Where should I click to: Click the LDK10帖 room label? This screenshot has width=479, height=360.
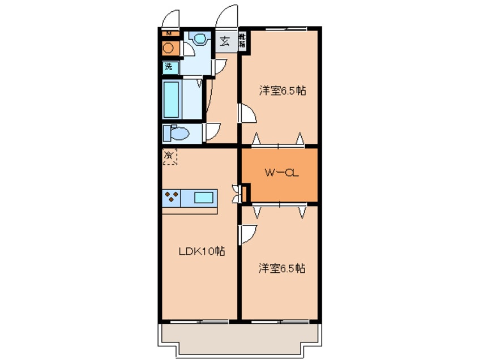202,252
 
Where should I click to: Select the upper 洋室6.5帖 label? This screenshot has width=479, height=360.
283,91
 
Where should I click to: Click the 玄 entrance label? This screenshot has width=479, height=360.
225,41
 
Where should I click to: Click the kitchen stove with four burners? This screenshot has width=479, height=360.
173,197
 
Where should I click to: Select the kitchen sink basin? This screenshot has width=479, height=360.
204,198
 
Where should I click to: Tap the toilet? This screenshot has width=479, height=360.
174,134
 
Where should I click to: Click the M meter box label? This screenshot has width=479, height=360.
168,32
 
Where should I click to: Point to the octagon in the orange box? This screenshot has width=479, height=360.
169,48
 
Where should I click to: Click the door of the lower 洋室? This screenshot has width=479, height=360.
248,234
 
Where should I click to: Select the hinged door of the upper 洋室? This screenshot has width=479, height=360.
247,114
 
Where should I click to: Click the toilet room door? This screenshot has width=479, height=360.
213,132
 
